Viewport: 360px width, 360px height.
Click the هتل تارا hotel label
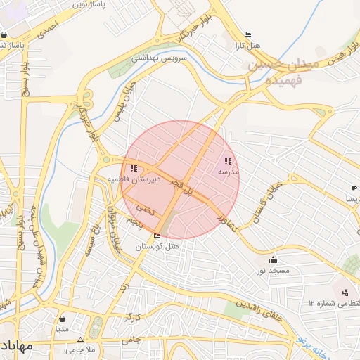pos(246,46)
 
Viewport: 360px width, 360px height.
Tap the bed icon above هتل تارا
pos(247,35)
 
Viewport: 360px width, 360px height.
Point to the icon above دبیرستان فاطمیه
pos(134,168)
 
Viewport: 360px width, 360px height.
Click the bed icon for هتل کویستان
pos(156,236)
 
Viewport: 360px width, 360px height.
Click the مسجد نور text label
pos(273,271)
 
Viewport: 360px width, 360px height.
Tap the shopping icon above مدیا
pos(63,318)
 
